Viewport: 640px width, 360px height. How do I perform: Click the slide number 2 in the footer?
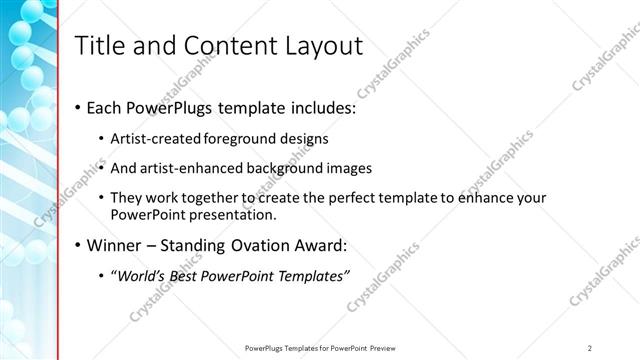[x=590, y=347]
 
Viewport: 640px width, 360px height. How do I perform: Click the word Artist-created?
[x=157, y=138]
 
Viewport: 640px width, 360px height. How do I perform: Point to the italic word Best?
[x=195, y=276]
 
